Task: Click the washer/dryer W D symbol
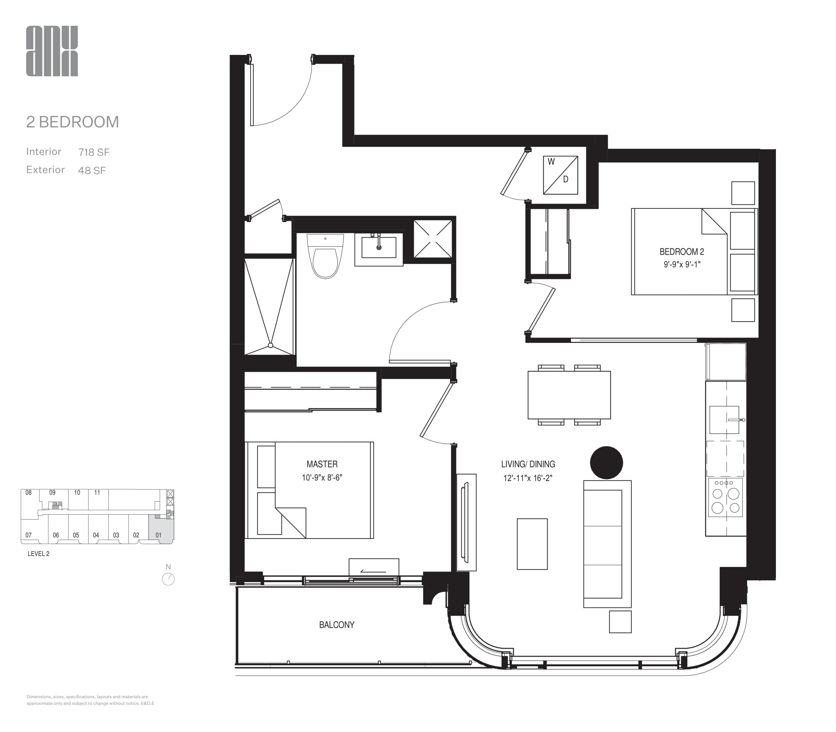pos(560,175)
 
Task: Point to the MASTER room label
pos(322,464)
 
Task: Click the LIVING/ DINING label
pos(528,464)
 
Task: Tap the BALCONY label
pos(336,624)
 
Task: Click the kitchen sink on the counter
pos(724,420)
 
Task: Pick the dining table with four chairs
pos(569,395)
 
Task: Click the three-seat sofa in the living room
pos(607,544)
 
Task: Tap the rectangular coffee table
pos(532,544)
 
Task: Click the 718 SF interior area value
pos(94,152)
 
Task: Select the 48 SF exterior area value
pos(92,170)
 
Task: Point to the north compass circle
pos(168,579)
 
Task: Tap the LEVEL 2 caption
pos(39,554)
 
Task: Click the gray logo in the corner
pos(52,51)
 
